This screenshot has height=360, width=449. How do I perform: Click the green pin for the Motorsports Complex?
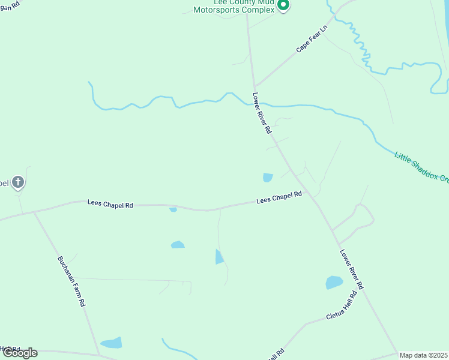pyautogui.click(x=284, y=6)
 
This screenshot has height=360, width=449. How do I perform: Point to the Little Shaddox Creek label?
pyautogui.click(x=421, y=167)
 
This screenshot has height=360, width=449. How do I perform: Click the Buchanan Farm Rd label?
pyautogui.click(x=71, y=281)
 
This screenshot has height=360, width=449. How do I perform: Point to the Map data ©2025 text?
pyautogui.click(x=423, y=355)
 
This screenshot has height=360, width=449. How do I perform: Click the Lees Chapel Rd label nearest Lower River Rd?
pyautogui.click(x=279, y=197)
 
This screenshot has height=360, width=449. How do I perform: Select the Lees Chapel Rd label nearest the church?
pyautogui.click(x=110, y=204)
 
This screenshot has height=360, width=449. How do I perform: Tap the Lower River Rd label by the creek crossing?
pyautogui.click(x=262, y=113)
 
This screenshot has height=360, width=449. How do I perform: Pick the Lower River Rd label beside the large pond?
pyautogui.click(x=351, y=270)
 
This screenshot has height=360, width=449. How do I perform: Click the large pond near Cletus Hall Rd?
pyautogui.click(x=334, y=282)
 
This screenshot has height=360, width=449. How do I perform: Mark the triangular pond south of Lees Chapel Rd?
pyautogui.click(x=219, y=257)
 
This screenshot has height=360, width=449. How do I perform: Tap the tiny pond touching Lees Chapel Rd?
pyautogui.click(x=173, y=209)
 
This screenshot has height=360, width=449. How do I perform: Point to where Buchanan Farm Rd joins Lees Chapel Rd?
pyautogui.click(x=34, y=212)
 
